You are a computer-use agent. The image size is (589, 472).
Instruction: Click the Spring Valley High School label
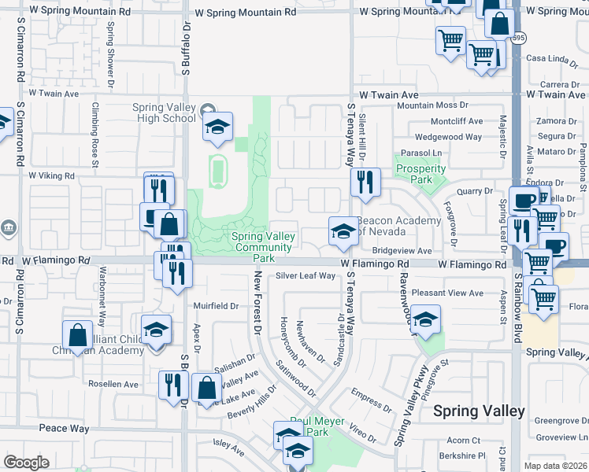point(165,112)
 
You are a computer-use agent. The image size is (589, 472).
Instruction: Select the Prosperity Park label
point(420,175)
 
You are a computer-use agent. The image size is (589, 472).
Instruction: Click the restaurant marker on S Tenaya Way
point(365,183)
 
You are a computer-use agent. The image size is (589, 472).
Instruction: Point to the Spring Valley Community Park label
point(264,247)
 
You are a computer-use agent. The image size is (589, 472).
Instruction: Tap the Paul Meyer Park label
point(317,426)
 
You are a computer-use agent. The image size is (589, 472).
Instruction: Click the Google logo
point(26,463)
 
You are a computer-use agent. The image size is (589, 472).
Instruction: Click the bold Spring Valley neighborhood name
point(479,411)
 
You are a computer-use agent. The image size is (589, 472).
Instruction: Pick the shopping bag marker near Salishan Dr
point(206,387)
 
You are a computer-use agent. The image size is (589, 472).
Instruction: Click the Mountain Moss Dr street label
point(432,105)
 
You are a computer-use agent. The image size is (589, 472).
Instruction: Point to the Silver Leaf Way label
point(306,276)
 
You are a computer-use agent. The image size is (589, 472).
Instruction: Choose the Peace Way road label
point(64,429)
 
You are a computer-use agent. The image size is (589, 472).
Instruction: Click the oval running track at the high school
point(218,168)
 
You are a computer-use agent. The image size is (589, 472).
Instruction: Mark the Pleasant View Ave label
point(447,293)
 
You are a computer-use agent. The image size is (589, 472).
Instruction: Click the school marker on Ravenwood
point(425,319)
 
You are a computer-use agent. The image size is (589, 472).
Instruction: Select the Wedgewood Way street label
point(448,137)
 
